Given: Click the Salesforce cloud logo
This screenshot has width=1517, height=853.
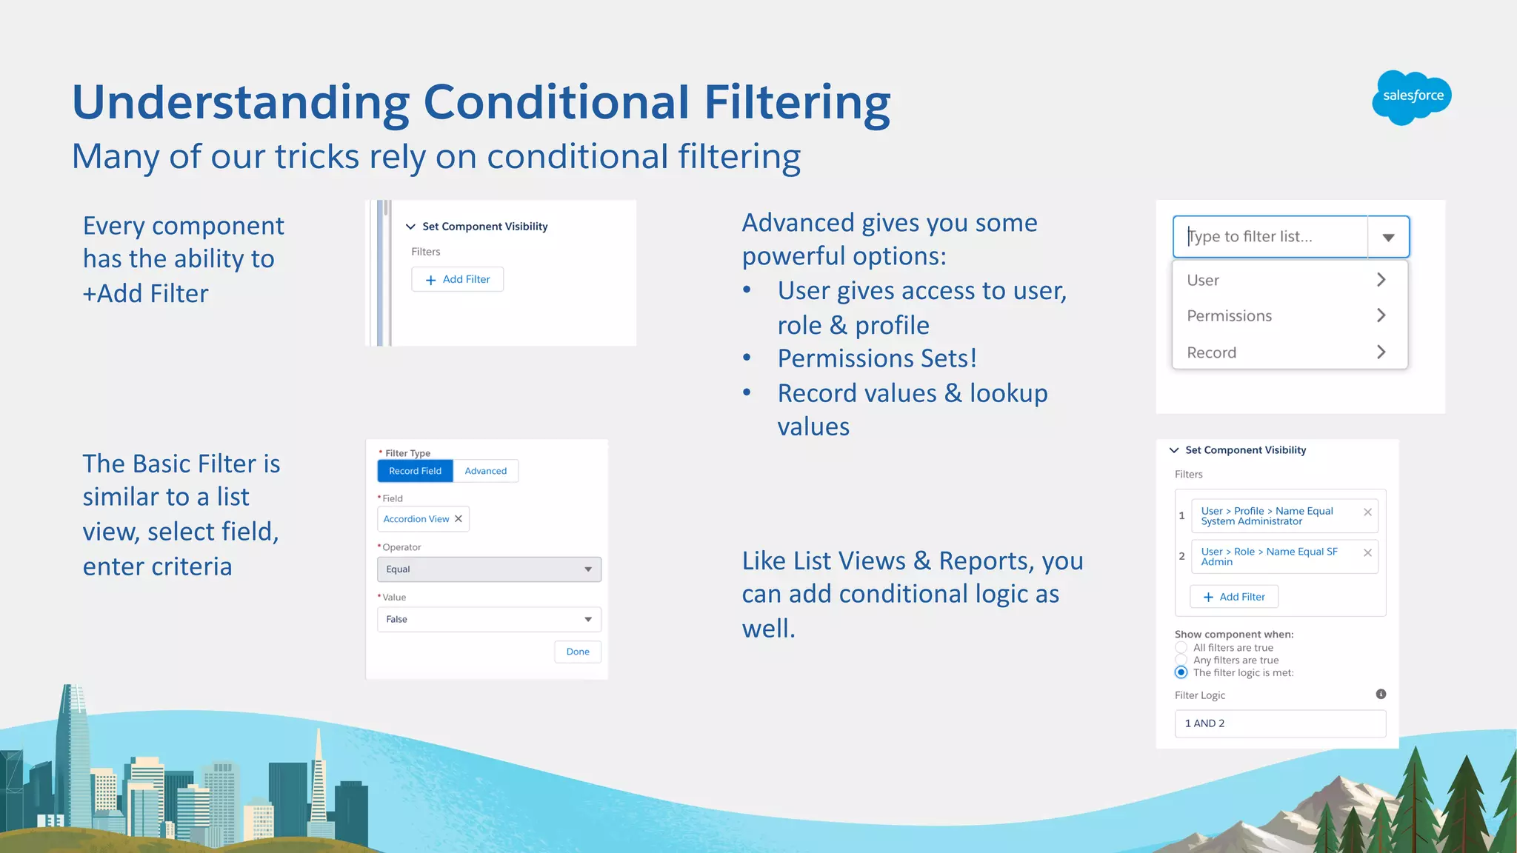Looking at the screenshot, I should pyautogui.click(x=1411, y=97).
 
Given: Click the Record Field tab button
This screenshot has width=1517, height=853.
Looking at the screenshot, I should pyautogui.click(x=415, y=471).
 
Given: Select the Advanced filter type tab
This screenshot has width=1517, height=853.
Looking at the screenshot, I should pyautogui.click(x=485, y=471).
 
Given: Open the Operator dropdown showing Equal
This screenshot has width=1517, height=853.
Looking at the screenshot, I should pyautogui.click(x=489, y=569).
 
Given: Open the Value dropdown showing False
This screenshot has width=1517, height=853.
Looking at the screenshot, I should pyautogui.click(x=489, y=619).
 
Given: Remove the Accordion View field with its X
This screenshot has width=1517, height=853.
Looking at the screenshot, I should pyautogui.click(x=459, y=519).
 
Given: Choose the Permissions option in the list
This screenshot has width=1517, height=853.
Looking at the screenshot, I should pyautogui.click(x=1230, y=316).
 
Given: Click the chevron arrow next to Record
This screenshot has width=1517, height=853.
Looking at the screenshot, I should pyautogui.click(x=1381, y=352).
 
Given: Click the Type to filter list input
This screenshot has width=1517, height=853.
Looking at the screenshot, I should pyautogui.click(x=1270, y=237).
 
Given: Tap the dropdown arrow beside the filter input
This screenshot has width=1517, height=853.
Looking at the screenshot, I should pyautogui.click(x=1388, y=237).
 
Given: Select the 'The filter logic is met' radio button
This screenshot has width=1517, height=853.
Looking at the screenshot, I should pyautogui.click(x=1181, y=672).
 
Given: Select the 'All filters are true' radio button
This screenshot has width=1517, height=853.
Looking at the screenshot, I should pyautogui.click(x=1181, y=648).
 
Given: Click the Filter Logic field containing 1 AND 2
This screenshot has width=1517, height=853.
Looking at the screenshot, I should pyautogui.click(x=1280, y=723).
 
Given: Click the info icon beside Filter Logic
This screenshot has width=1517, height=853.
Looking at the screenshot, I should pyautogui.click(x=1381, y=695).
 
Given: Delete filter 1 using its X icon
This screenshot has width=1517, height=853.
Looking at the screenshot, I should pyautogui.click(x=1367, y=512).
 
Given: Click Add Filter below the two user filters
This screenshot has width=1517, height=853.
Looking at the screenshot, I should pyautogui.click(x=1234, y=597).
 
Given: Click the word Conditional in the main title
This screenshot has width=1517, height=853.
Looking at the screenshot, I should pyautogui.click(x=556, y=102).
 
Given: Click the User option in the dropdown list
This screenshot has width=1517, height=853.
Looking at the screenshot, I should pyautogui.click(x=1204, y=281).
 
